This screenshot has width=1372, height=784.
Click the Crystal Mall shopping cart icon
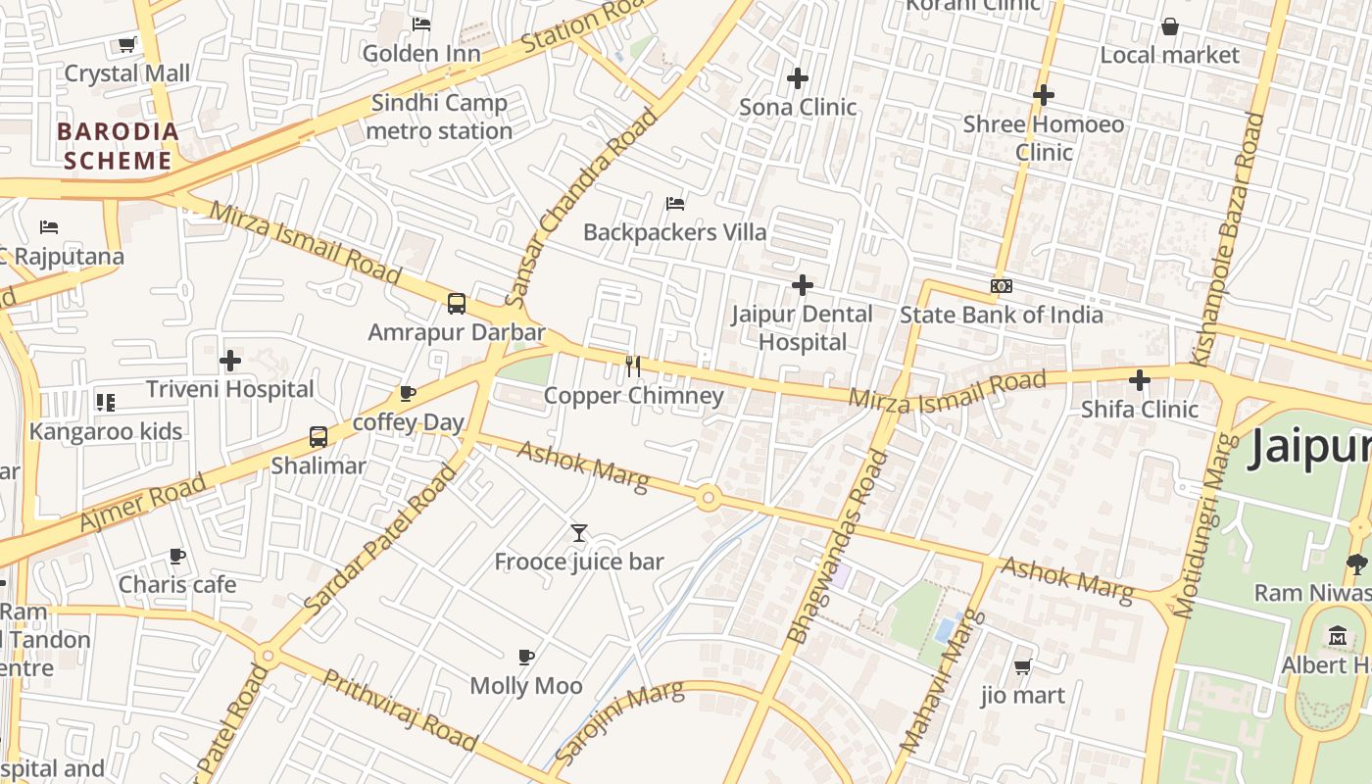(126, 44)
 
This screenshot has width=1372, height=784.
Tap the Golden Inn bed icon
(421, 24)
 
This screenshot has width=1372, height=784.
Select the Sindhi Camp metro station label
(439, 117)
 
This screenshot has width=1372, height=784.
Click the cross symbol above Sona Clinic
(798, 77)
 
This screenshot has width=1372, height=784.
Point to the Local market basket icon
(1169, 26)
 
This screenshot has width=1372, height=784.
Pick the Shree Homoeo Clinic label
(1044, 138)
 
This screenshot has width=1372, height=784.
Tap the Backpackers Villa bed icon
(675, 204)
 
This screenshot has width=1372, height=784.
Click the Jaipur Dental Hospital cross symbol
(803, 285)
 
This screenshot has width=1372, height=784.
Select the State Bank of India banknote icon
(1001, 286)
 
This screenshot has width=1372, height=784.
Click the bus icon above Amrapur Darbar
(457, 304)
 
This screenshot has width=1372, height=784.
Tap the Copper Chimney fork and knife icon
(633, 367)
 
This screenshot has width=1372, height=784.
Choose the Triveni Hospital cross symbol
(230, 361)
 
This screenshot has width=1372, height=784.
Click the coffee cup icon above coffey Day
(408, 394)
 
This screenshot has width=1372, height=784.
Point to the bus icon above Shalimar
(318, 437)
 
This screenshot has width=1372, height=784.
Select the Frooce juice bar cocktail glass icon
(579, 533)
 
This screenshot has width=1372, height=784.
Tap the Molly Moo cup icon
(526, 657)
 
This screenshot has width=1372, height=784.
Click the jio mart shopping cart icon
(1022, 666)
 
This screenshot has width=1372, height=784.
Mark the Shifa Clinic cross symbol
(1139, 380)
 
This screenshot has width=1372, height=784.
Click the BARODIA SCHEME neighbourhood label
(118, 146)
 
